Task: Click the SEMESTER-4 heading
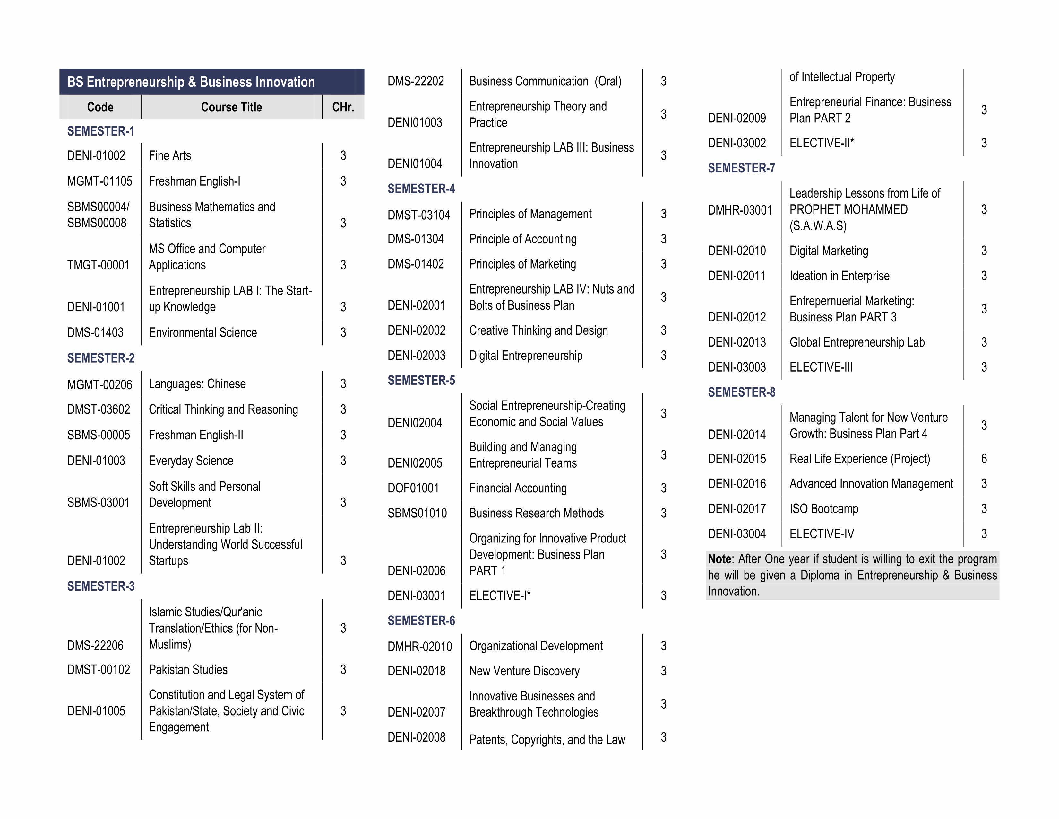pos(421,189)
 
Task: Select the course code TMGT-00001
pos(99,265)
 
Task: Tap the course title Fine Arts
pos(170,156)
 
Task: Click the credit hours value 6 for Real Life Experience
pos(984,459)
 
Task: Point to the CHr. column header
pos(343,107)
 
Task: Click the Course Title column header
pos(231,107)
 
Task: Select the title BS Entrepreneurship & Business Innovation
pos(191,82)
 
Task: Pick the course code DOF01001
pos(413,488)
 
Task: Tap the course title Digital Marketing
pos(829,251)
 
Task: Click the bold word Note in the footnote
pos(719,559)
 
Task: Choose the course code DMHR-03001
pos(739,210)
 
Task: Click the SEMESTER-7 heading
pos(741,168)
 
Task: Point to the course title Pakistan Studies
pos(188,670)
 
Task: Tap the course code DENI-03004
pos(736,534)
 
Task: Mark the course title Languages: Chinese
pos(197,384)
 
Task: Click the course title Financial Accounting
pos(517,488)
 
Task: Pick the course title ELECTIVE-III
pos(821,367)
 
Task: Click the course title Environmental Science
pos(203,333)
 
